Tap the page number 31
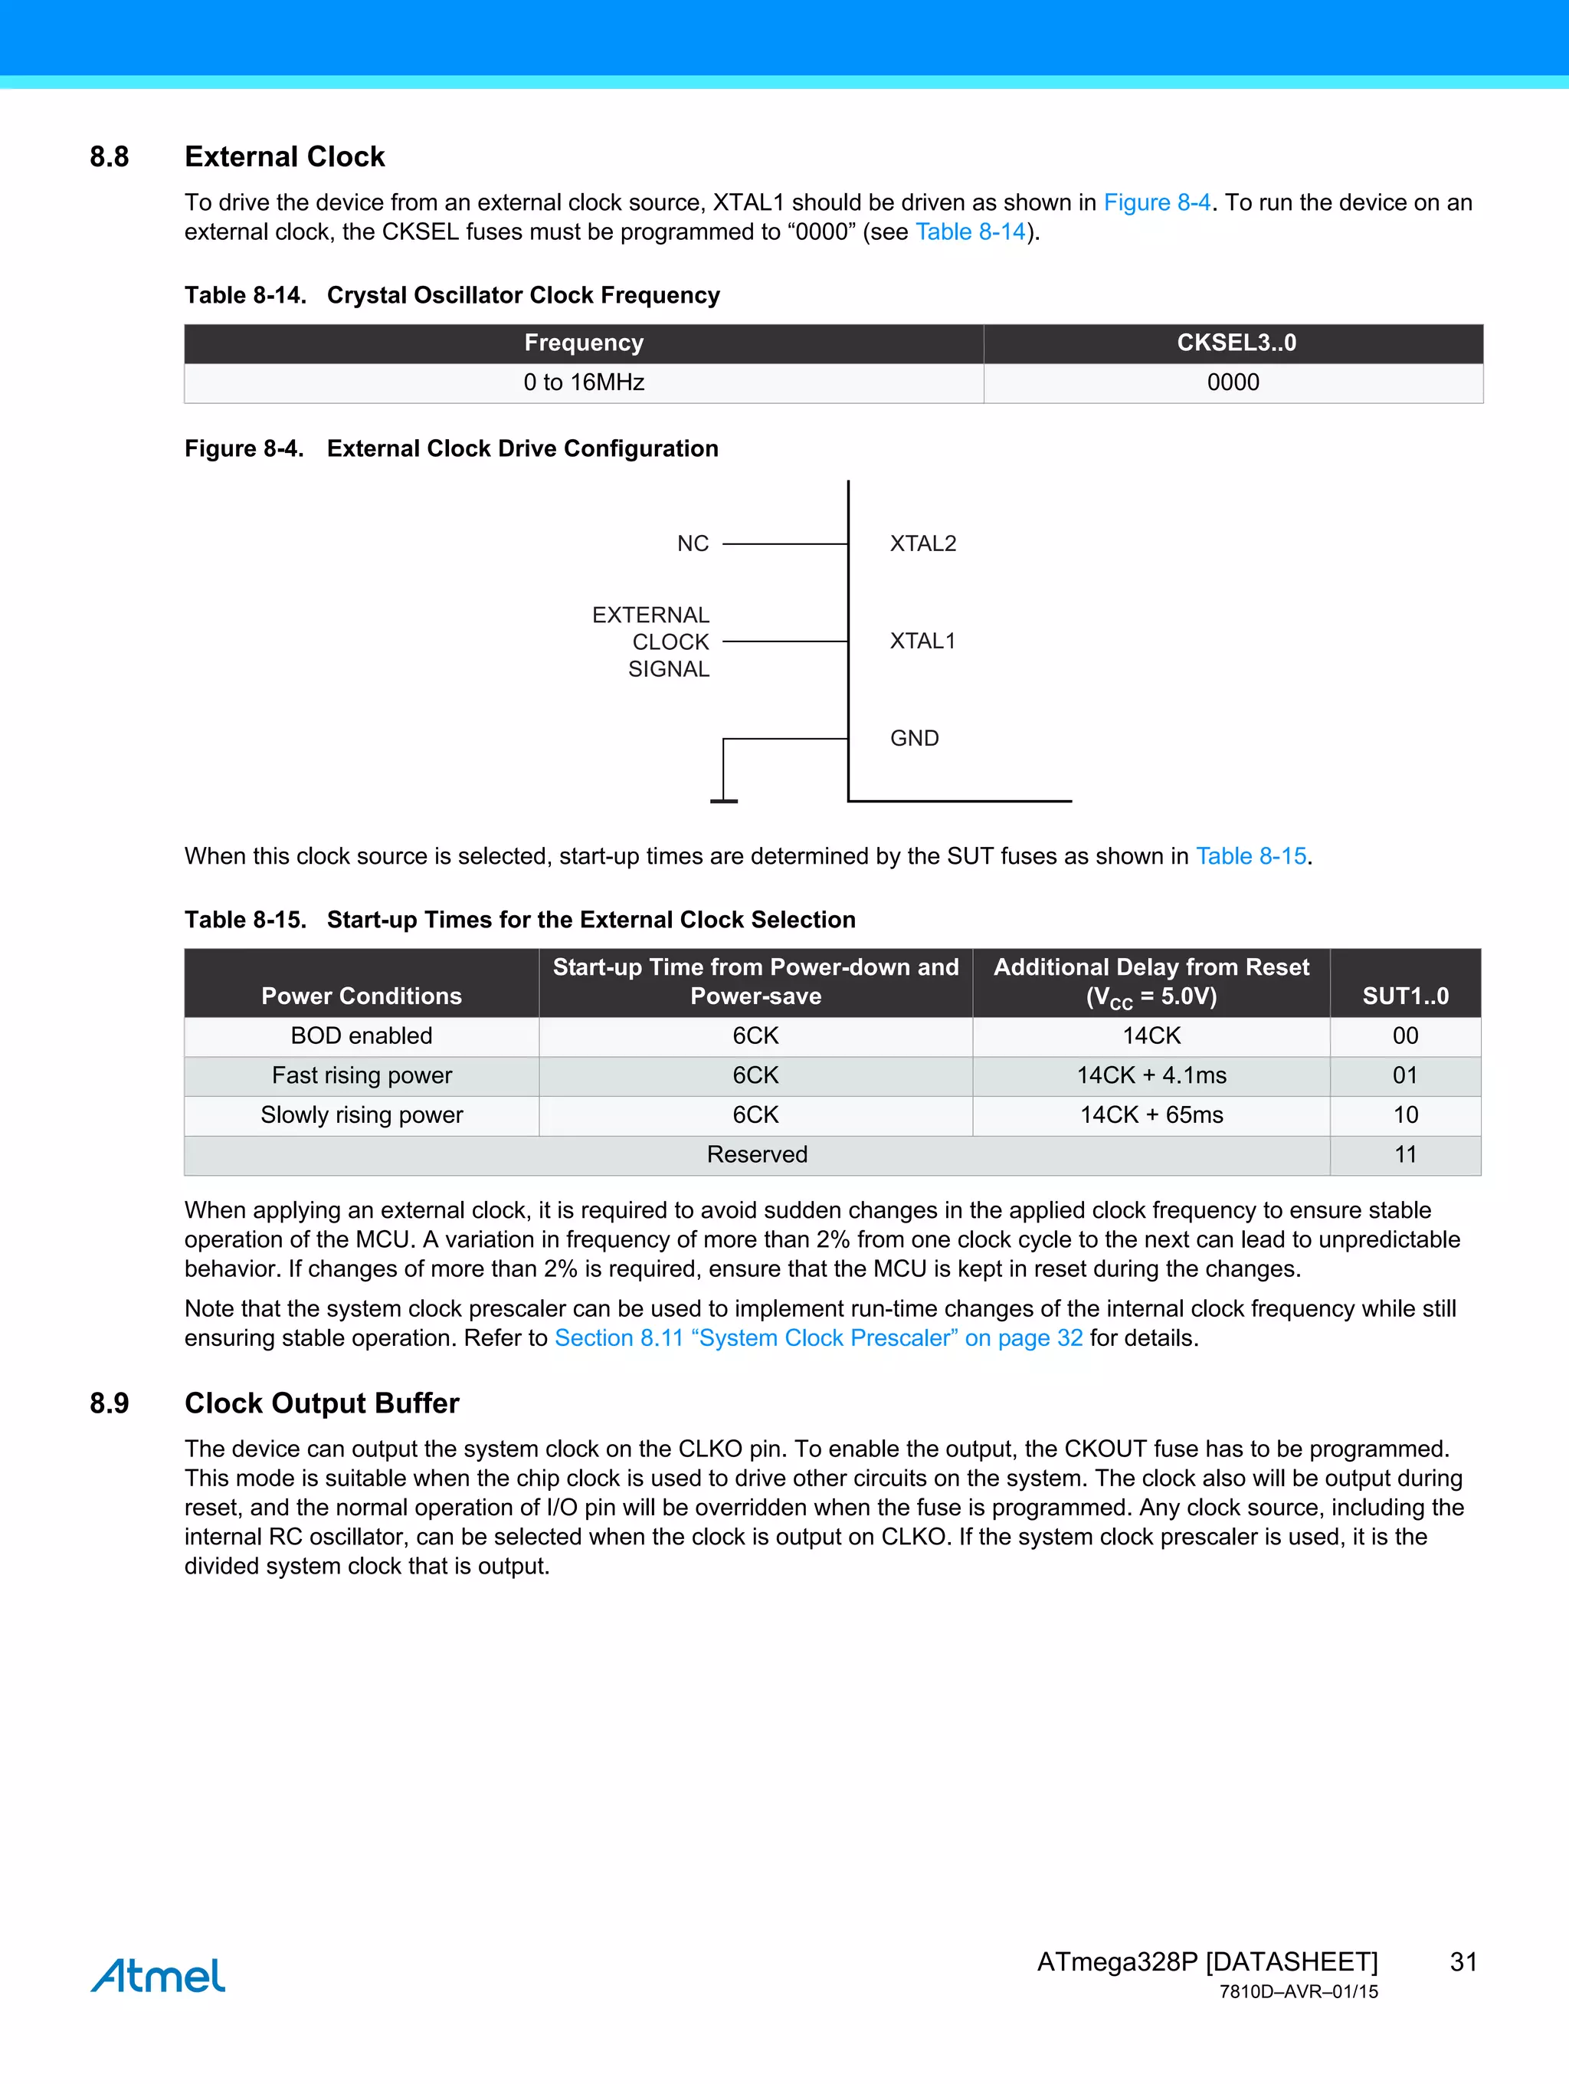tap(1463, 1961)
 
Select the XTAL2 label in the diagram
tap(923, 543)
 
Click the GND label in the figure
tap(915, 737)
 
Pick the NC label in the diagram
tap(693, 543)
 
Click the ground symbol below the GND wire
tap(723, 800)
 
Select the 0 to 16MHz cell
tap(584, 382)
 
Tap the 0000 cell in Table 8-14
tap(1233, 382)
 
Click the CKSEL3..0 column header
tap(1236, 343)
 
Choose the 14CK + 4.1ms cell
tap(1151, 1075)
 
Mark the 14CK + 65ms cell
tap(1151, 1114)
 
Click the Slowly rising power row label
tap(362, 1114)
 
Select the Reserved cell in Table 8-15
tap(757, 1154)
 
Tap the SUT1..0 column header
tap(1405, 996)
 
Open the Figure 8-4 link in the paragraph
tap(1157, 202)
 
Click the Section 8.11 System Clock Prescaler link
tap(817, 1337)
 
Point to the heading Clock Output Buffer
tap(322, 1403)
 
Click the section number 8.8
tap(110, 156)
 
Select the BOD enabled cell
tap(362, 1035)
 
